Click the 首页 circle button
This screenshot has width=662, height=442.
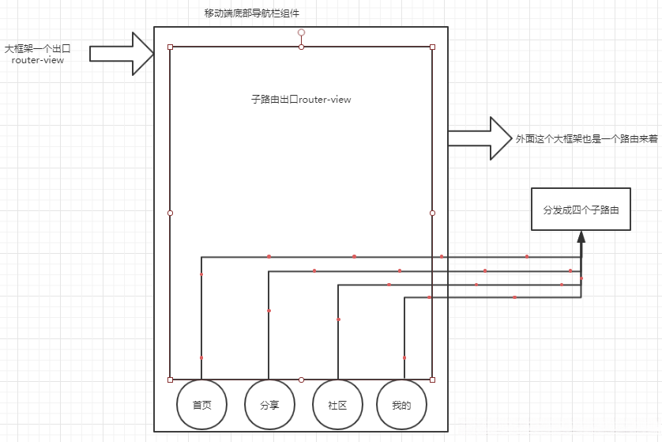point(201,405)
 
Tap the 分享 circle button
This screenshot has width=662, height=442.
point(269,405)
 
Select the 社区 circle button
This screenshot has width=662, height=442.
point(338,405)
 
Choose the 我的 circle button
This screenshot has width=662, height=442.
point(401,405)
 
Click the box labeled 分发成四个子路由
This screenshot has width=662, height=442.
point(581,210)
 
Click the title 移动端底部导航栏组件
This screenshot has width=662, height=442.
point(251,13)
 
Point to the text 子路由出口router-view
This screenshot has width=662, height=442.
point(301,100)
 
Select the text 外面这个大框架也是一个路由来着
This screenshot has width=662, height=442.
point(586,138)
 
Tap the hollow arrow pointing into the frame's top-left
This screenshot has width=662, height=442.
point(122,54)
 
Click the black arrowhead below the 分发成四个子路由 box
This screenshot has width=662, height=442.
point(581,238)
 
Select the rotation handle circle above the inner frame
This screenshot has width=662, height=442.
point(301,32)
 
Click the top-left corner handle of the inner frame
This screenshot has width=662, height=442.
point(171,47)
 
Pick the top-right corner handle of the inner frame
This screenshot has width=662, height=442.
point(432,47)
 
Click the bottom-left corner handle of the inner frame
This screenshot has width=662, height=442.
point(171,380)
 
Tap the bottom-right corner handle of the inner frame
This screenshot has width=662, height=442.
point(432,380)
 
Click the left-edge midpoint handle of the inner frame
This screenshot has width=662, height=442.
point(171,213)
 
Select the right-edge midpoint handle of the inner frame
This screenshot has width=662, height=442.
point(432,213)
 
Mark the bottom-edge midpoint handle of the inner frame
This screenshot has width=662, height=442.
point(301,380)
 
